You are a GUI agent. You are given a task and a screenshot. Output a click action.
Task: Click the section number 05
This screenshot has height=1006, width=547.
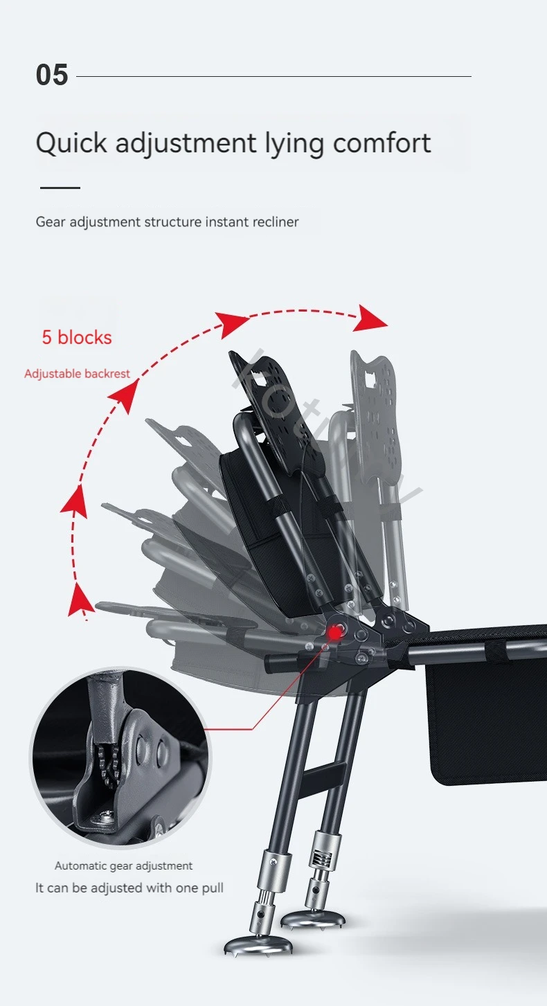click(x=52, y=75)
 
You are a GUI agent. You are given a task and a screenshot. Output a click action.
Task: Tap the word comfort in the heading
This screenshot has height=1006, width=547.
click(x=382, y=143)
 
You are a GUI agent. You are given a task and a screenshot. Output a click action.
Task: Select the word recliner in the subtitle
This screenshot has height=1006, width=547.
click(x=275, y=222)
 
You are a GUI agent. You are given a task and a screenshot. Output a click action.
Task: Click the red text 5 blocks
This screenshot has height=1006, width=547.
click(x=77, y=338)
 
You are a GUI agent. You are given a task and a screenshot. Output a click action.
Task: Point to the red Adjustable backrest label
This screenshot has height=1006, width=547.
click(x=77, y=374)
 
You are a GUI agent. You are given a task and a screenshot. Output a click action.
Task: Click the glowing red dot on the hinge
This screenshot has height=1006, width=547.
click(x=336, y=631)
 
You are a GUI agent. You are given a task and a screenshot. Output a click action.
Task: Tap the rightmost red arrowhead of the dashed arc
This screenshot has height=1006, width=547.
click(x=374, y=320)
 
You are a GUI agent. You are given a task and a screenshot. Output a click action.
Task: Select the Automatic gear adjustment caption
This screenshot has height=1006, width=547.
click(x=124, y=865)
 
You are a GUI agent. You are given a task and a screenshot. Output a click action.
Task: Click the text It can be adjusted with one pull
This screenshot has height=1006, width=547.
click(x=129, y=888)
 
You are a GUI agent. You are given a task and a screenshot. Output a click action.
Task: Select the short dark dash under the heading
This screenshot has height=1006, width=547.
click(x=60, y=188)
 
